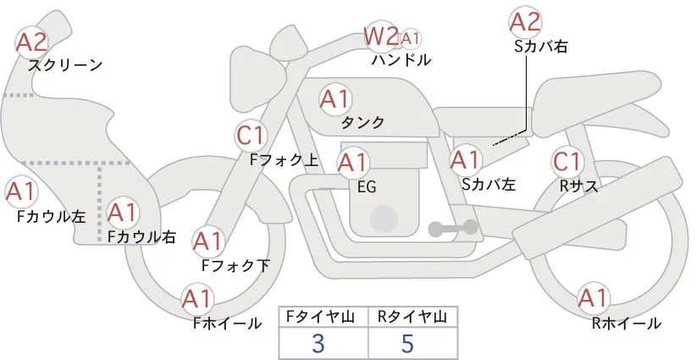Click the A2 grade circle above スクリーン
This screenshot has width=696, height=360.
coord(32,41)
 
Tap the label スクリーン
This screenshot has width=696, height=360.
coord(65,64)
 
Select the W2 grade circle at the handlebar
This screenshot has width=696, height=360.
coord(380,36)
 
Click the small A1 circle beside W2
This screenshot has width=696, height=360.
coord(410,38)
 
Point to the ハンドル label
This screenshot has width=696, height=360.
coord(400,60)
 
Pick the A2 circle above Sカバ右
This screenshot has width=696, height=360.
coord(524,21)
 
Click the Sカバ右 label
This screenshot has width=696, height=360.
coord(540,47)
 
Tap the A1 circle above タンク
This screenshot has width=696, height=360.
coord(334,98)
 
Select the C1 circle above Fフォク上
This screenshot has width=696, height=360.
coord(251,135)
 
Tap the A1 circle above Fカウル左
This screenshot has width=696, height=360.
coord(20,191)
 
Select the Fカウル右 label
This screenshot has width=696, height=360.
coord(141,236)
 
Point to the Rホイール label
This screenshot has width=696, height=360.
coord(627,323)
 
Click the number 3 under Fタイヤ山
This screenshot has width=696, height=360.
coord(318,343)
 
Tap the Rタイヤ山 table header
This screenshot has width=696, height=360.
coord(412,316)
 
